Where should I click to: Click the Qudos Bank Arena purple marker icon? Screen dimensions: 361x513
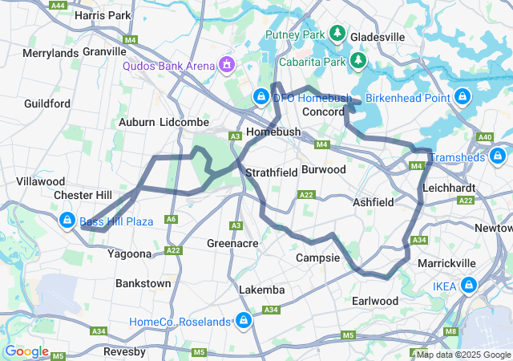(x=228, y=64)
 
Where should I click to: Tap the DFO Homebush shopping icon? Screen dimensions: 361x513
(x=261, y=97)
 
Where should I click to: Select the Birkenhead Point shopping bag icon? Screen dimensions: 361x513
(x=462, y=97)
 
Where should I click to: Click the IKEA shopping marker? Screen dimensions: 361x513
(x=468, y=286)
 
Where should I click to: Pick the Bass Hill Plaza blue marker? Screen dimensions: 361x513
(x=67, y=221)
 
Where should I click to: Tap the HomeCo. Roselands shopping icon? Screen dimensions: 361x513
(x=242, y=322)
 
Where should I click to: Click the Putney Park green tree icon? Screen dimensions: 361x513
(x=338, y=34)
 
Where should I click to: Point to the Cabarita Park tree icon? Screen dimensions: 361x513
(x=357, y=61)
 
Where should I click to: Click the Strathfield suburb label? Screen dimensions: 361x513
(x=271, y=172)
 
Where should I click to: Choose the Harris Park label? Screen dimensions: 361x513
(x=102, y=15)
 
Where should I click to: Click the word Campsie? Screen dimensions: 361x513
(x=318, y=258)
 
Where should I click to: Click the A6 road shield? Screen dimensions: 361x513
(x=171, y=219)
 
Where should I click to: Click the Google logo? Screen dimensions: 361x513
(x=26, y=351)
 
